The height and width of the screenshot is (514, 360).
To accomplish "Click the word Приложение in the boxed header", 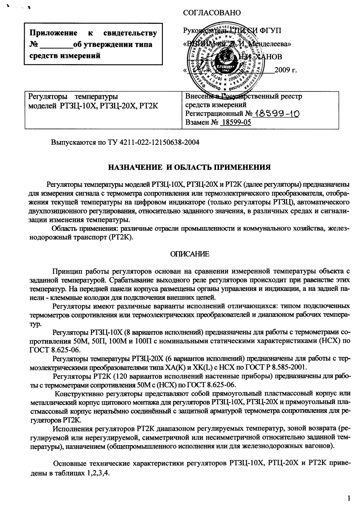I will click(x=53, y=33).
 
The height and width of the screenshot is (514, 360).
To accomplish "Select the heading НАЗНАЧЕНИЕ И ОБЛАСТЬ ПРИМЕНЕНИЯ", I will click(x=190, y=167).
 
